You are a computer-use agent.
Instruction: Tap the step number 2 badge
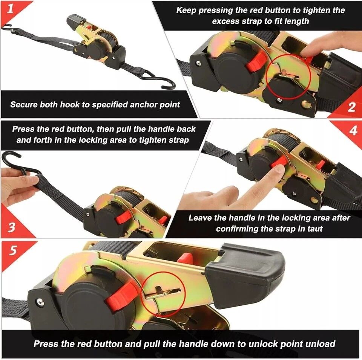click(x=351, y=107)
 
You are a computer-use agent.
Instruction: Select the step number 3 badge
click(x=11, y=227)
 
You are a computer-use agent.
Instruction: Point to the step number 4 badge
click(x=353, y=131)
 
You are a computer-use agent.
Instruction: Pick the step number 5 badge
click(x=13, y=250)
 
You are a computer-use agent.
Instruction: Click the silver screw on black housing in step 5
click(x=40, y=302)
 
